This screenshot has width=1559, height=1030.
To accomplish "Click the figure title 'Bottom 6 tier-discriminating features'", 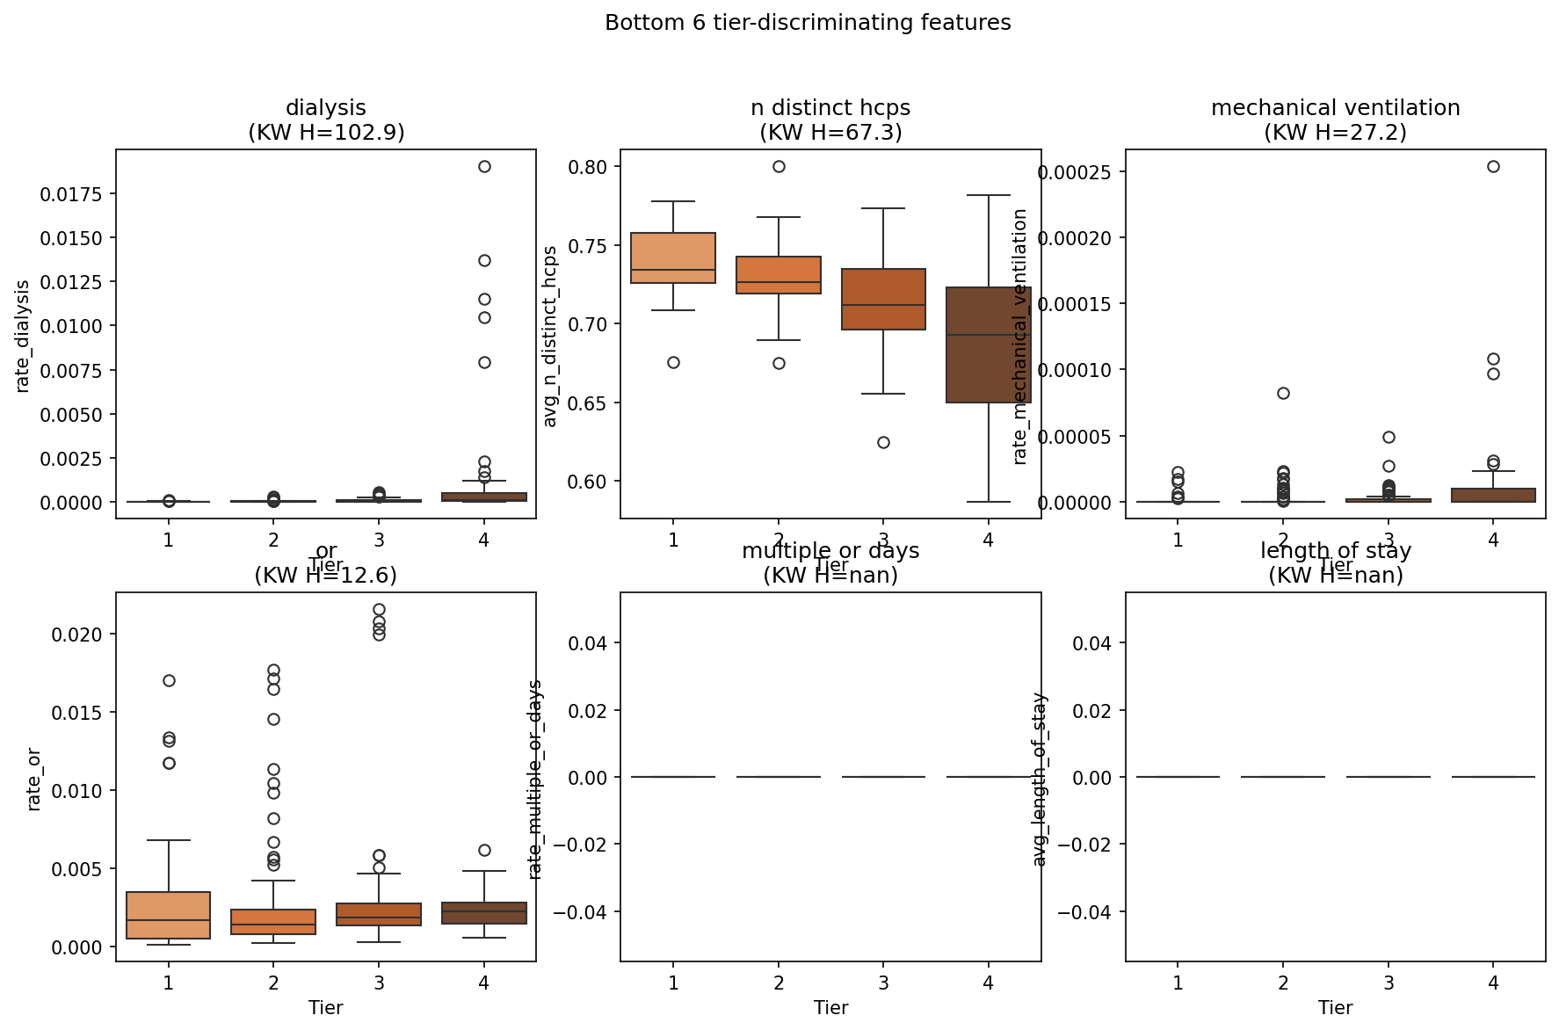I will pyautogui.click(x=808, y=23).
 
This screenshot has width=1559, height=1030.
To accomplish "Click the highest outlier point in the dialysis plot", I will pyautogui.click(x=484, y=166).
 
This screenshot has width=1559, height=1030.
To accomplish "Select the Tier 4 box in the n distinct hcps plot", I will pyautogui.click(x=989, y=345).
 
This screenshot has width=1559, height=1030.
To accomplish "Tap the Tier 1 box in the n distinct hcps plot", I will pyautogui.click(x=673, y=257).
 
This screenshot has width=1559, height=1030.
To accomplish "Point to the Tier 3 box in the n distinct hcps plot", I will pyautogui.click(x=883, y=299).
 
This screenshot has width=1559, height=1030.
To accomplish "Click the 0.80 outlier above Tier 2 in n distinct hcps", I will pyautogui.click(x=779, y=166).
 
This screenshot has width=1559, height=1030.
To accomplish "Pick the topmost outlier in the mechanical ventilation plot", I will pyautogui.click(x=1493, y=166).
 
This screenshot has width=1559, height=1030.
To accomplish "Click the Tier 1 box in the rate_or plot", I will pyautogui.click(x=169, y=915).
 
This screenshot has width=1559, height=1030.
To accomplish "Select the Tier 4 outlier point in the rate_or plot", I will pyautogui.click(x=484, y=850).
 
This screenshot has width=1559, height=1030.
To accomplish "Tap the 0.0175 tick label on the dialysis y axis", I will pyautogui.click(x=71, y=193).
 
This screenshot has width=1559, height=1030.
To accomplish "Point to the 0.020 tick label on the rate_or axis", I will pyautogui.click(x=76, y=635).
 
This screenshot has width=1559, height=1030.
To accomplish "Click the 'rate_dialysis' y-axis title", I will pyautogui.click(x=24, y=336).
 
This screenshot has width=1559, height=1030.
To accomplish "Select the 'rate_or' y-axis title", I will pyautogui.click(x=34, y=777).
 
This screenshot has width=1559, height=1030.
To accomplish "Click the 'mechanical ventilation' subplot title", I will pyautogui.click(x=1335, y=108).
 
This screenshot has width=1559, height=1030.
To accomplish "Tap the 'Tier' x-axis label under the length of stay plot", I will pyautogui.click(x=1335, y=1008).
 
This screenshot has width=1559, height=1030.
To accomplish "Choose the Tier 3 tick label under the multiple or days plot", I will pyautogui.click(x=883, y=983).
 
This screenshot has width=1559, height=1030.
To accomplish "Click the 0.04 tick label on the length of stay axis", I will pyautogui.click(x=1091, y=643).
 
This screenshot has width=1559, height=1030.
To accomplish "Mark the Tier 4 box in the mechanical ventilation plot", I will pyautogui.click(x=1493, y=495).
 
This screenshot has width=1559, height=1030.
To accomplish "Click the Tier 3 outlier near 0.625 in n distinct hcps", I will pyautogui.click(x=883, y=442).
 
